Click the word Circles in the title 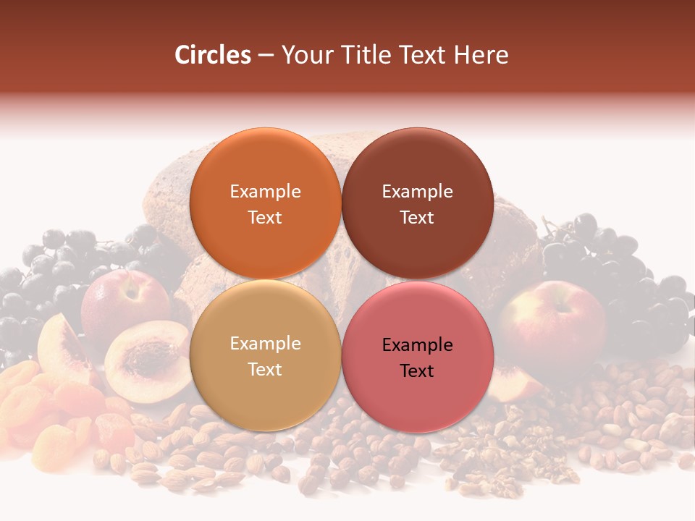(x=213, y=55)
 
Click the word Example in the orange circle (x=265, y=192)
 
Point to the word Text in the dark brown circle (x=417, y=218)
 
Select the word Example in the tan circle (x=265, y=344)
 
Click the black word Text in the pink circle (x=417, y=371)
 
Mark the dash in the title (x=266, y=56)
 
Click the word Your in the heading (x=305, y=55)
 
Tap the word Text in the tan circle (x=265, y=370)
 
